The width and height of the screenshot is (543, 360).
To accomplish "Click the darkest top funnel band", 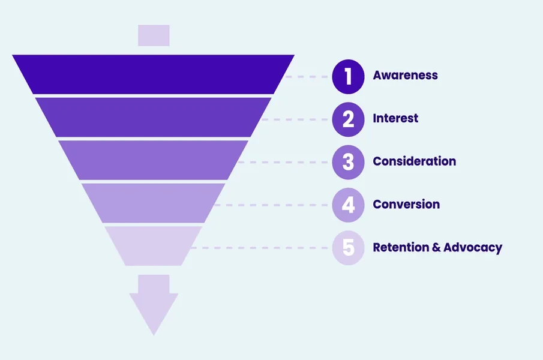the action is [x=154, y=74].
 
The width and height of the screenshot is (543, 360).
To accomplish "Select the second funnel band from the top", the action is [x=154, y=117].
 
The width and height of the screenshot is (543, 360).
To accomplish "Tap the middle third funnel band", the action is [x=154, y=160].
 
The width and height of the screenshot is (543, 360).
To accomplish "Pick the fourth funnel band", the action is [x=154, y=203].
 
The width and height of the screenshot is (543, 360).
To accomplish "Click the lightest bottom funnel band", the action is [x=154, y=246].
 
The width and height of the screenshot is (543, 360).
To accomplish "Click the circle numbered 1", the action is [x=348, y=77].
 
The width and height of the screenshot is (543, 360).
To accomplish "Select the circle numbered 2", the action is [x=348, y=119].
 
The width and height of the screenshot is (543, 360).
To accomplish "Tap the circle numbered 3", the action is [x=348, y=162].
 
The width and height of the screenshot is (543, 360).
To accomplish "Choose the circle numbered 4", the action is [x=348, y=205].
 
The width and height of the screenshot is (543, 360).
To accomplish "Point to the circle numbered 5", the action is [x=348, y=248].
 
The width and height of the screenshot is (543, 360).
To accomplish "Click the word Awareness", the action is [x=405, y=75].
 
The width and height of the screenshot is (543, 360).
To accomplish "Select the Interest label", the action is [x=395, y=118].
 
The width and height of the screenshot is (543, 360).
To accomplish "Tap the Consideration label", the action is [x=414, y=161].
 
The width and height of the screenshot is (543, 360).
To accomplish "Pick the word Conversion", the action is [x=406, y=204].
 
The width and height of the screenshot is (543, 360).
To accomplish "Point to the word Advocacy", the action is [x=473, y=248].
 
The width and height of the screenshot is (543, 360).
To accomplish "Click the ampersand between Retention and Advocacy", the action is [x=436, y=247].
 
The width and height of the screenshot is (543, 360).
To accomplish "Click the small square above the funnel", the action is [x=154, y=35].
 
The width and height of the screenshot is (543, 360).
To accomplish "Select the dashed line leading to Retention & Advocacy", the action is [x=260, y=248].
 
